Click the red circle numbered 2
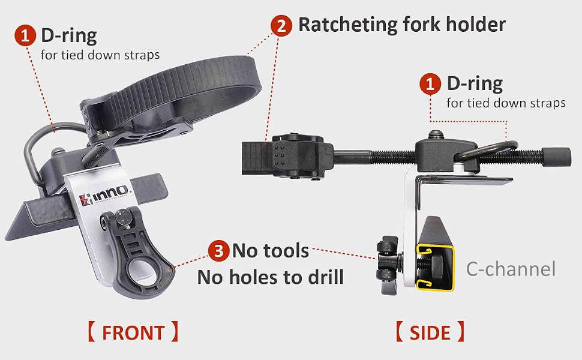[281, 26]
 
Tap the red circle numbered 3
[218, 251]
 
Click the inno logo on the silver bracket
[104, 195]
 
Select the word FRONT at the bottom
[133, 332]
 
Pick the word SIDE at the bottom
[430, 332]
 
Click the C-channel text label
[511, 269]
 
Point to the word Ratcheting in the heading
[348, 25]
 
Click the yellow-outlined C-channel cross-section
[435, 267]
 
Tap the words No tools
[271, 251]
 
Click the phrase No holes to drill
[271, 277]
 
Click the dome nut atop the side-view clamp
[435, 135]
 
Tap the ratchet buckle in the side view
[297, 156]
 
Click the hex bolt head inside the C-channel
[434, 265]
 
